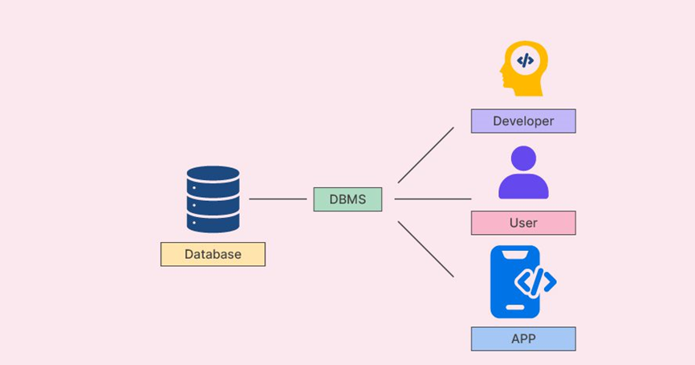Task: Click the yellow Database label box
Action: tap(213, 254)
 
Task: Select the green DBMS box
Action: tap(347, 199)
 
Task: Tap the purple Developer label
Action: tap(523, 121)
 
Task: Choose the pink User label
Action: tap(523, 223)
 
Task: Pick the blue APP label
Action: tap(523, 338)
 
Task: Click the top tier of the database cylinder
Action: tap(213, 174)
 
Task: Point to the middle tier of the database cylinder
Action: tap(213, 199)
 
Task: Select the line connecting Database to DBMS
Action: tap(278, 199)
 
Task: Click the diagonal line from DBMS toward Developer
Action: tap(425, 155)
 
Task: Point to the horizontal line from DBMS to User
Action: tap(433, 199)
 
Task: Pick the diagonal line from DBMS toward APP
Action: tap(425, 248)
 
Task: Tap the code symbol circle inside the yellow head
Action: tap(525, 60)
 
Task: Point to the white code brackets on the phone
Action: tap(534, 281)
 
